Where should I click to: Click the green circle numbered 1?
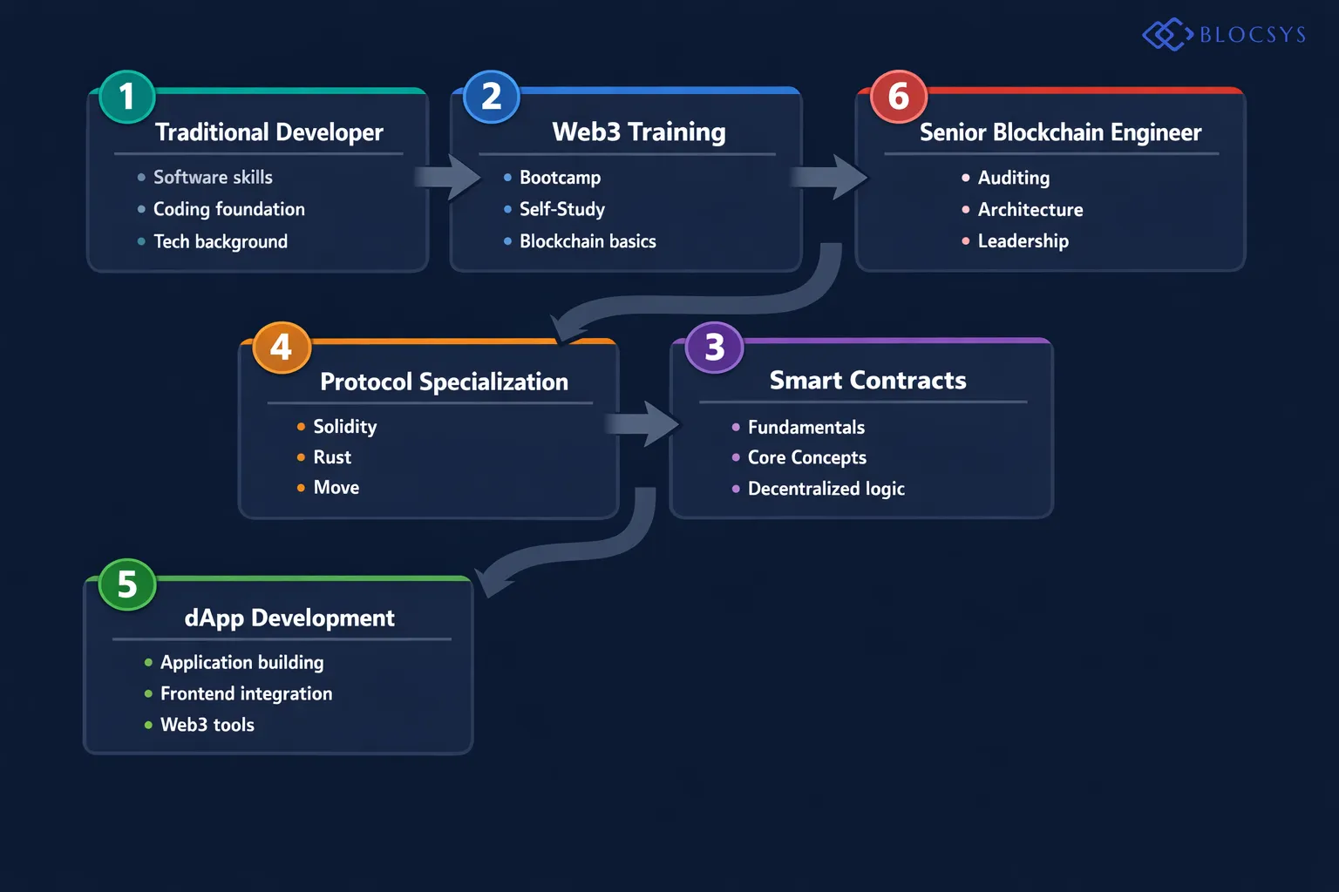pos(126,97)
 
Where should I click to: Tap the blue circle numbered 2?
pos(492,97)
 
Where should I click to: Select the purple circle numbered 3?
pos(715,348)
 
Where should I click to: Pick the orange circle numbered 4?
pos(281,348)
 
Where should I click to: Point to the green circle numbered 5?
pos(127,585)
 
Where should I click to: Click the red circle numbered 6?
pos(898,97)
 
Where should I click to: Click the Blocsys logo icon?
pos(1166,35)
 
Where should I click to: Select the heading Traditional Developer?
pos(268,132)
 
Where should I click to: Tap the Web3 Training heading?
pos(638,132)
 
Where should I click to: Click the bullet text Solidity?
pos(344,427)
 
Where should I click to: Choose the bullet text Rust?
pos(332,457)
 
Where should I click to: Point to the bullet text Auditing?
pos(1013,178)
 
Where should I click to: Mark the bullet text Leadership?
pos(1023,241)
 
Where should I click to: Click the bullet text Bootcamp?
pos(560,178)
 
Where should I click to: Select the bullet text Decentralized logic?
pos(826,489)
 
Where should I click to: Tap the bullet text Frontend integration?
pos(246,694)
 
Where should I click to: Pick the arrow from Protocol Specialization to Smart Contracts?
pos(642,424)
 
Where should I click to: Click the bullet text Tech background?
pos(220,242)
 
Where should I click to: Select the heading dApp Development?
pos(289,618)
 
